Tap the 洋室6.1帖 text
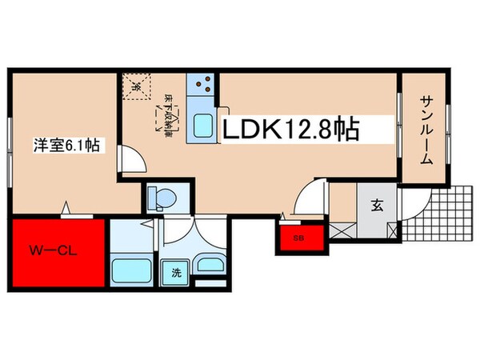click(x=66, y=145)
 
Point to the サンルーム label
click(x=426, y=130)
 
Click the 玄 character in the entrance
click(x=375, y=204)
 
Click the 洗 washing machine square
click(x=175, y=273)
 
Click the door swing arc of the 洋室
click(x=133, y=158)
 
